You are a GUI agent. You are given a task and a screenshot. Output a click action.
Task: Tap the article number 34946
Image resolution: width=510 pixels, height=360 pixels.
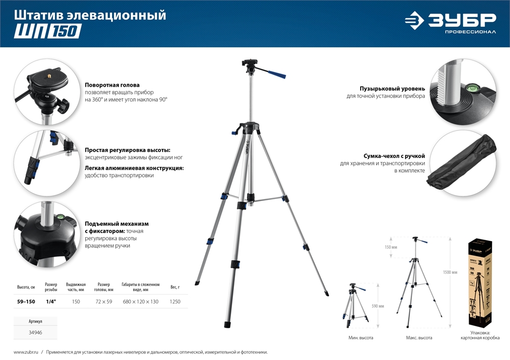pyautogui.click(x=35, y=332)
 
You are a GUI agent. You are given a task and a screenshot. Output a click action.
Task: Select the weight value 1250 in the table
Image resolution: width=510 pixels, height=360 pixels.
pyautogui.click(x=175, y=302)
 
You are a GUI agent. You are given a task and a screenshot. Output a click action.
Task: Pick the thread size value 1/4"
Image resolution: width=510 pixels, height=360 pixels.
pyautogui.click(x=51, y=302)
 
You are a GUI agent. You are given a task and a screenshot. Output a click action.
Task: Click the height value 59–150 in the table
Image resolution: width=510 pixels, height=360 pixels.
pyautogui.click(x=26, y=302)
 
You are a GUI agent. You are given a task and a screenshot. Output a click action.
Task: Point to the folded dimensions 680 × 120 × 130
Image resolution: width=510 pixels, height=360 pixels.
pyautogui.click(x=141, y=302)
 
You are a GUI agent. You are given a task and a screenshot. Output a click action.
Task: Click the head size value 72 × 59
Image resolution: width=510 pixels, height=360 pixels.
pyautogui.click(x=104, y=302)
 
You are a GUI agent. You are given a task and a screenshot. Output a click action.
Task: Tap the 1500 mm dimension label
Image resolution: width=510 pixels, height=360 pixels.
pyautogui.click(x=451, y=273)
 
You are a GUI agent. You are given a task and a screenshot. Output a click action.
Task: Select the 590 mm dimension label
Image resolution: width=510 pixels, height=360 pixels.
pyautogui.click(x=378, y=306)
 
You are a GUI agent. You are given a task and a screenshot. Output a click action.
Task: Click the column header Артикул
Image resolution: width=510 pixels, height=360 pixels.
pyautogui.click(x=35, y=322)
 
